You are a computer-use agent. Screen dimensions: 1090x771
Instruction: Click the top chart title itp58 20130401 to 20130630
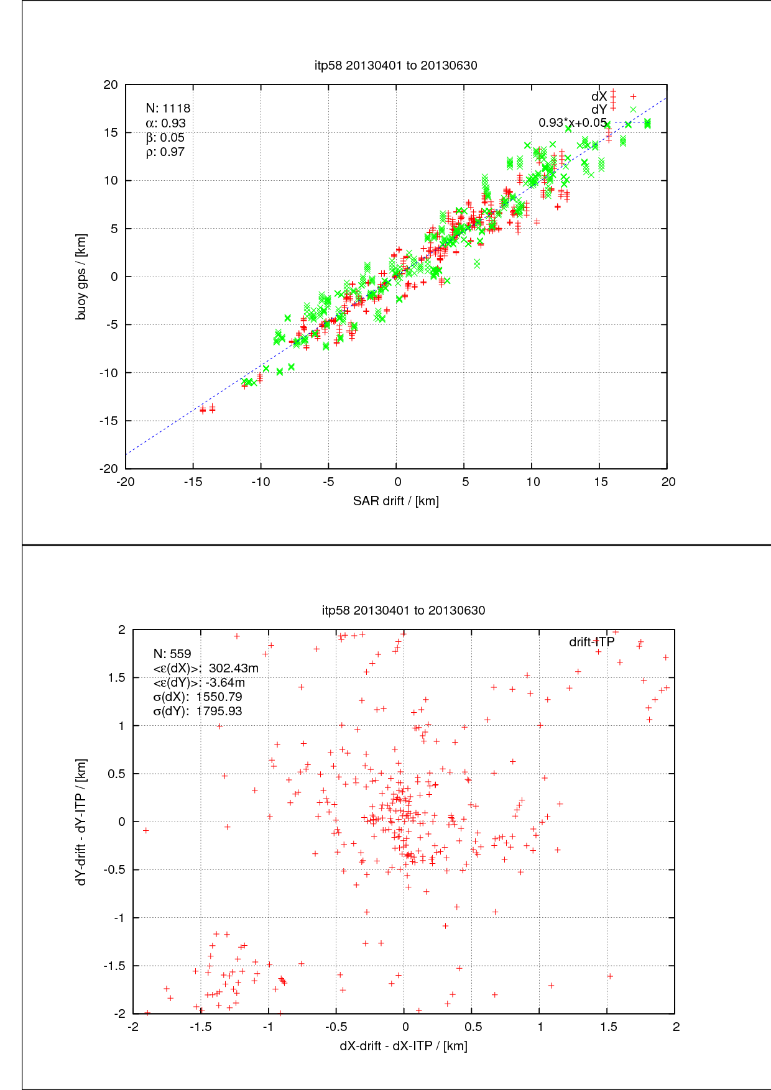click(395, 65)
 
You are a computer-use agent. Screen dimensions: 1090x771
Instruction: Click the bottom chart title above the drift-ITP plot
click(404, 610)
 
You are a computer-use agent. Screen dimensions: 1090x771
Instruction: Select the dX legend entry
click(599, 96)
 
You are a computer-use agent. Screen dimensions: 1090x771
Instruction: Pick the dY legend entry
click(599, 109)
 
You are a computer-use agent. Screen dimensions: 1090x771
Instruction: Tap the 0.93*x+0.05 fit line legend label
click(572, 122)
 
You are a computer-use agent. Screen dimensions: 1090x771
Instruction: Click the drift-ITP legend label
click(591, 642)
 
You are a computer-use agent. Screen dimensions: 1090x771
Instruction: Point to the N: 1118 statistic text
click(168, 109)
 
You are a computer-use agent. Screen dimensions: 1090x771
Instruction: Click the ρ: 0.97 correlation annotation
click(165, 152)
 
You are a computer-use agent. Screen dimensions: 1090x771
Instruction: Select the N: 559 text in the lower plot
click(172, 654)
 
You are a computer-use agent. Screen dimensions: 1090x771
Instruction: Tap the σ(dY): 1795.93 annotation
click(198, 711)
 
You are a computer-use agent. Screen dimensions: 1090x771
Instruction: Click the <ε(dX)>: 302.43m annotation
click(206, 668)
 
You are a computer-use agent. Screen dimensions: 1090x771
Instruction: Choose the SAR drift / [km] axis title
click(395, 501)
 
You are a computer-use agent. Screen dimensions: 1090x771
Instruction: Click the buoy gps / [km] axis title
click(81, 277)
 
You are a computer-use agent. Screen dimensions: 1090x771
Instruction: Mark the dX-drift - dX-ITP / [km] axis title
click(403, 1046)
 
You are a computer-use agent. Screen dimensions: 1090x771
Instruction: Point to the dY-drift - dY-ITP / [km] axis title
click(81, 822)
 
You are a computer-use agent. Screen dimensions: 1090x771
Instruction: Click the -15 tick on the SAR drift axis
click(193, 482)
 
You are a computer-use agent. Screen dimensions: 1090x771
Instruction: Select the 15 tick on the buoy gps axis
click(111, 132)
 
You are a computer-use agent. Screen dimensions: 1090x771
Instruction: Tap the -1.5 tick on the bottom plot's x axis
click(200, 1027)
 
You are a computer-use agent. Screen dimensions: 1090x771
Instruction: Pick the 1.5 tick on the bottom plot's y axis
click(117, 678)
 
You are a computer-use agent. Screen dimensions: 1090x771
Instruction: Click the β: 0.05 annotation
click(165, 138)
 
